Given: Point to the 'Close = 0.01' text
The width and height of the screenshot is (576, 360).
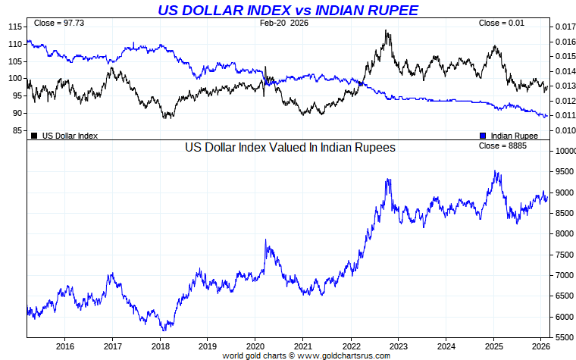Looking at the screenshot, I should (501, 23).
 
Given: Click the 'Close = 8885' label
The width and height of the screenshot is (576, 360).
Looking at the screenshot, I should (503, 145).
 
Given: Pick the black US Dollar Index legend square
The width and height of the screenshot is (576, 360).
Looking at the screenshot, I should (34, 136).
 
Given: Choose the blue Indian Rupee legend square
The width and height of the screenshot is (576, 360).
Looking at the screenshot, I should (483, 136).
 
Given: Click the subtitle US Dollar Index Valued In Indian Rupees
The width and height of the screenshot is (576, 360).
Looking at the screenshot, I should (290, 148).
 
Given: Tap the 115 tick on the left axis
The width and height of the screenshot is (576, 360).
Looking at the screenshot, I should (14, 27).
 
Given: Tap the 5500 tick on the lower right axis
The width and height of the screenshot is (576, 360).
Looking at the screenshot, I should (562, 337).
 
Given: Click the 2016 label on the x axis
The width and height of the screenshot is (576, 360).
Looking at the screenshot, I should (64, 346).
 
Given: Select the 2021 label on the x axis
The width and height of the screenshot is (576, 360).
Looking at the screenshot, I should (302, 346).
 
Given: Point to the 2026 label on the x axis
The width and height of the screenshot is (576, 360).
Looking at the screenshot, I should (541, 346).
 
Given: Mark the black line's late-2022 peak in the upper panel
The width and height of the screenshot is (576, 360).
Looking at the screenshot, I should (387, 31).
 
